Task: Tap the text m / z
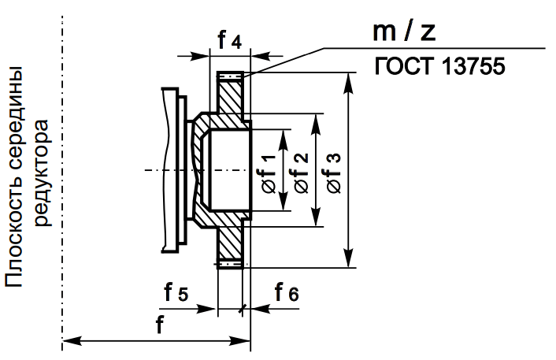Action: click(404, 32)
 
